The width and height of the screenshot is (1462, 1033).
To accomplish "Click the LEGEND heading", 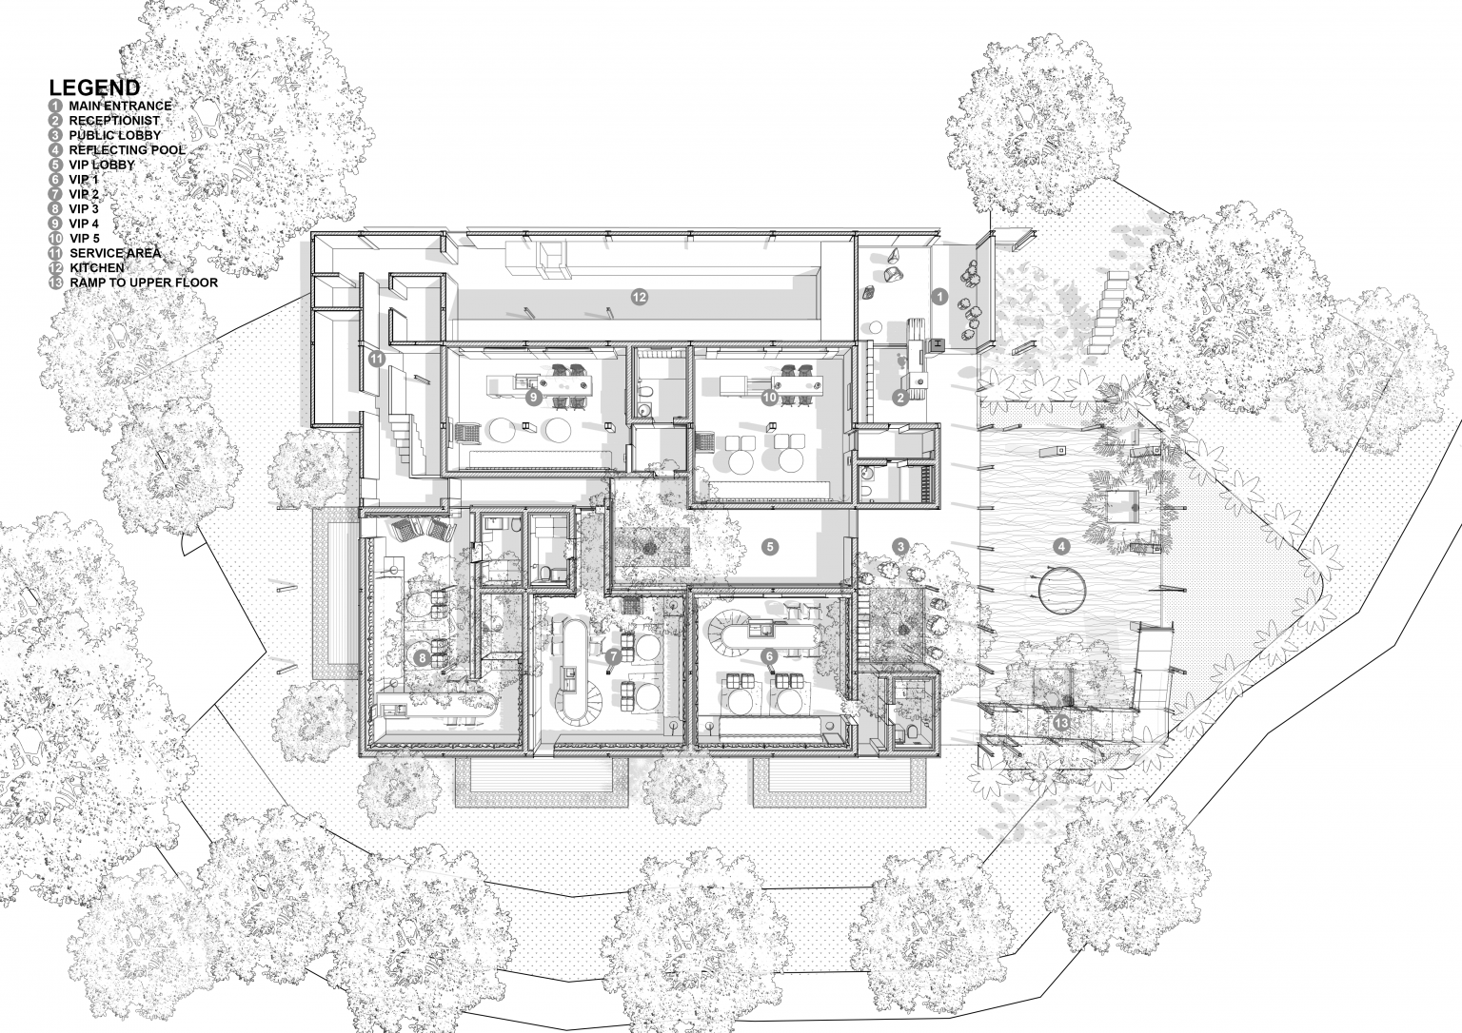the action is point(94,88).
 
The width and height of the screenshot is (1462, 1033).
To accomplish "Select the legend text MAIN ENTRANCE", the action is point(120,106).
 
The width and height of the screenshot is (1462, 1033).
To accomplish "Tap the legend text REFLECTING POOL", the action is point(128,150).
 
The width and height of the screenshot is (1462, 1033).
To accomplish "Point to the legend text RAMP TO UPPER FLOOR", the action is point(144,283).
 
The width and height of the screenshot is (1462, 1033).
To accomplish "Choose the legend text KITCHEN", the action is point(96,267).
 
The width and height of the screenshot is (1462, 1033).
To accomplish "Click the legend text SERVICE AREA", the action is point(115,253).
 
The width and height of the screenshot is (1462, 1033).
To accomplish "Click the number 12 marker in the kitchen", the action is point(639,298).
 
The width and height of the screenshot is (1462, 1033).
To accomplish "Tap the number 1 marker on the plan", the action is point(939,298).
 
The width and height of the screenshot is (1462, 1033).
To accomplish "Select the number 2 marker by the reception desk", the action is point(900,398).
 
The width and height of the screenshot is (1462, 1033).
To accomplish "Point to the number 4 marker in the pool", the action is point(1061,547).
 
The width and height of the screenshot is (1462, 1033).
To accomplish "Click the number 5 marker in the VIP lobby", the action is point(770,547).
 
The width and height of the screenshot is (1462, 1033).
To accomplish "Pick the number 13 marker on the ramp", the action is point(1061,723).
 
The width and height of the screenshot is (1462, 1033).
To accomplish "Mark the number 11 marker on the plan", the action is point(377,358).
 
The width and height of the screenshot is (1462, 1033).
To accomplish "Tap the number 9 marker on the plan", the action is point(533,397).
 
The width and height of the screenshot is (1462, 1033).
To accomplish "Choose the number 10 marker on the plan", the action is point(770,397).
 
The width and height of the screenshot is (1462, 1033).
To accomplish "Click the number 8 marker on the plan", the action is point(423,658).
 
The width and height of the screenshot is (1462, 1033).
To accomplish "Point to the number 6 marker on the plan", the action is point(769,656).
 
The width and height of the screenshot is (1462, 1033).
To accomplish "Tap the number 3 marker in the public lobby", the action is point(900,547).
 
